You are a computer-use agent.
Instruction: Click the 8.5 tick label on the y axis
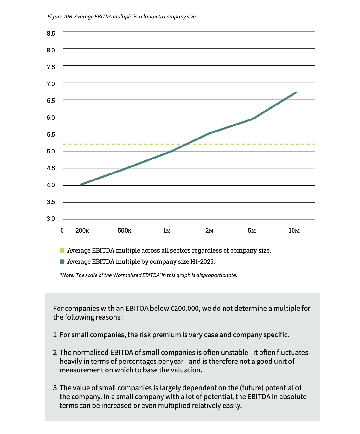click(51, 33)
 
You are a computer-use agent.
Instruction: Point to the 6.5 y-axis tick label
click(51, 101)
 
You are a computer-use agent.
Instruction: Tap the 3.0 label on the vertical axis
click(51, 219)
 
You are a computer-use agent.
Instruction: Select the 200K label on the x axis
click(82, 231)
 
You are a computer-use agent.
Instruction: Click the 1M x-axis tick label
click(167, 231)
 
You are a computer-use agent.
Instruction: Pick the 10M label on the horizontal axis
click(294, 231)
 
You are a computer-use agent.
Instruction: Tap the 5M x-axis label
click(252, 231)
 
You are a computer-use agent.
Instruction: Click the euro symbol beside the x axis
click(62, 231)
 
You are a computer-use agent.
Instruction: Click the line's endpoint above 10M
click(296, 92)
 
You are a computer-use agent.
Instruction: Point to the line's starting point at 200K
click(81, 184)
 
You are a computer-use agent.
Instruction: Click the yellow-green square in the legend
click(62, 250)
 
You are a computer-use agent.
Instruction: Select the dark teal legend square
click(62, 261)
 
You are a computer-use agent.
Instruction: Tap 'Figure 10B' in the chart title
click(60, 17)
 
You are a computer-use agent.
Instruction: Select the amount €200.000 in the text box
click(185, 308)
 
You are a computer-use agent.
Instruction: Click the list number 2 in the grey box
click(55, 352)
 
